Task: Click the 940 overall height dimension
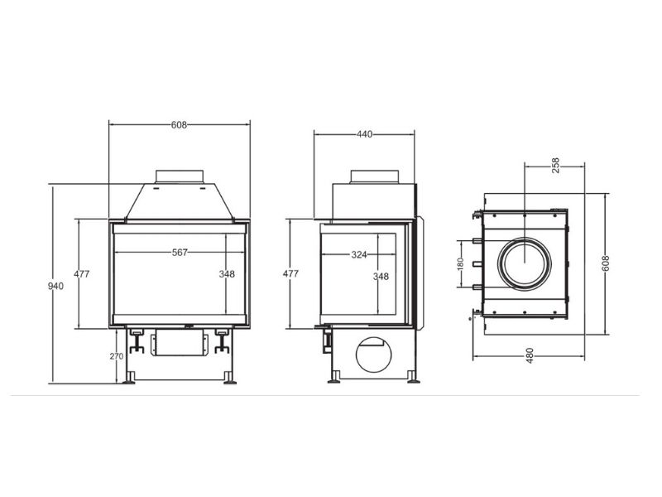[55, 287]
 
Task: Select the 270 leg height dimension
[117, 356]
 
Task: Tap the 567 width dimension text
[180, 253]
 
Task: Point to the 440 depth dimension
[365, 134]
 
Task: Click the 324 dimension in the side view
[359, 255]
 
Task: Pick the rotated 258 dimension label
[555, 165]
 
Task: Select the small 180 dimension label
[461, 264]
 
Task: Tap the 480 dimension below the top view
[530, 355]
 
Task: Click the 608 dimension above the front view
[179, 125]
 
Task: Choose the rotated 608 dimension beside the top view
[607, 263]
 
